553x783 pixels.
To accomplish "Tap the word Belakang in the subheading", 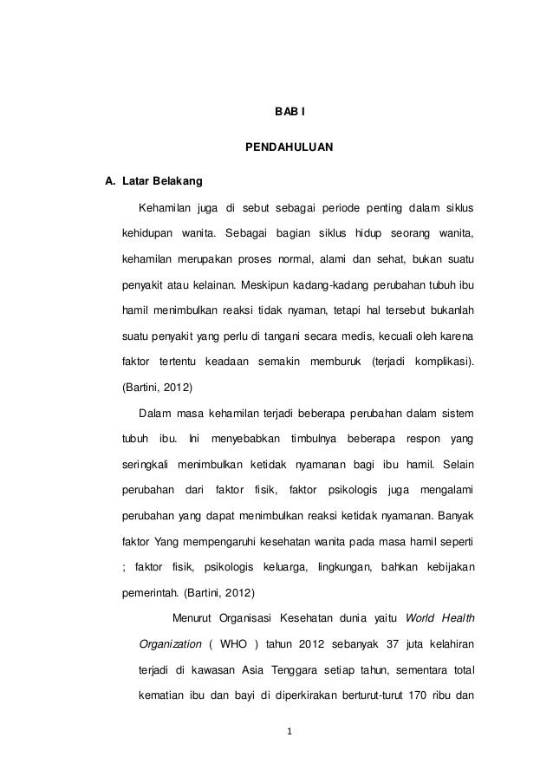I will click(x=178, y=182).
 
